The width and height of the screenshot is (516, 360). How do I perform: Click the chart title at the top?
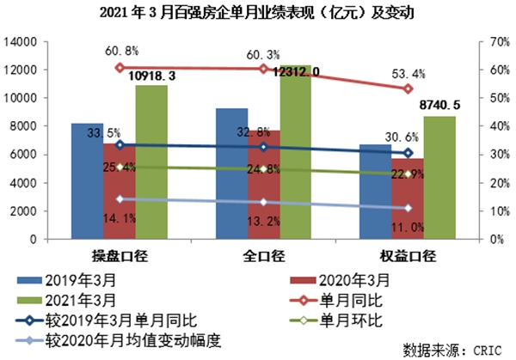tap(258, 13)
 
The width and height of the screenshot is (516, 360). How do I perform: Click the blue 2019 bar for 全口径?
tap(231, 173)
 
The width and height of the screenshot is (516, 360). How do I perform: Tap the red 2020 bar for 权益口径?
tap(407, 198)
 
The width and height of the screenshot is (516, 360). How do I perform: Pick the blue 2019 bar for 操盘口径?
tap(87, 180)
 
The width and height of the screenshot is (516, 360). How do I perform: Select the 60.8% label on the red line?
tap(120, 51)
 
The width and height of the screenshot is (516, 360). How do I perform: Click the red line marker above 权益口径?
tap(408, 88)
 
